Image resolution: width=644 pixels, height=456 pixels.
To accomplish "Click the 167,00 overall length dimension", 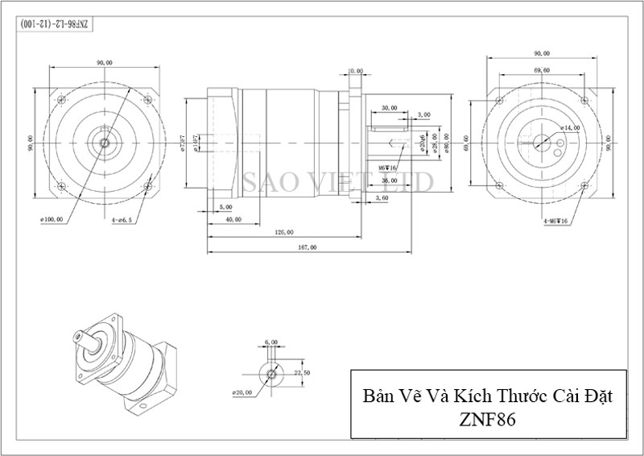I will tap(308, 247).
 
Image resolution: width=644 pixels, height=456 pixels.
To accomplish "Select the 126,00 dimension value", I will tap(283, 232).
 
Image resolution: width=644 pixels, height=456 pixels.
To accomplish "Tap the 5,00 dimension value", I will tap(225, 207).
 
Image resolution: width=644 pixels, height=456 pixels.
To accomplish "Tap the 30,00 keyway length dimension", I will tap(390, 107).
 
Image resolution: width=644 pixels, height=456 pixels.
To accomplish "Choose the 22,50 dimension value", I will tap(302, 373).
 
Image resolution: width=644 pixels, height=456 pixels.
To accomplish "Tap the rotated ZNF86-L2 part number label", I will tap(56, 24).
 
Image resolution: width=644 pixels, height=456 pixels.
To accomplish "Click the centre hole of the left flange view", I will tap(105, 143).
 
